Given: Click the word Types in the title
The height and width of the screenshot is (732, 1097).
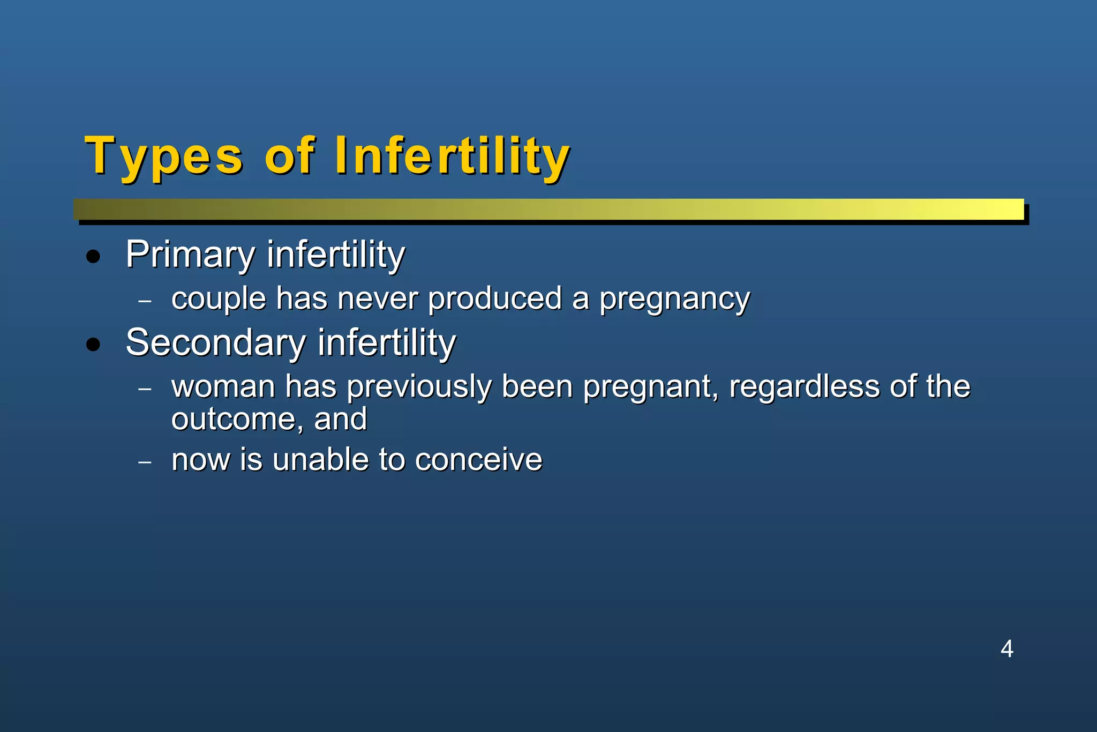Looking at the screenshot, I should click(164, 156).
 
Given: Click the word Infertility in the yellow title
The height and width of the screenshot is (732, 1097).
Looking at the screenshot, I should click(452, 156).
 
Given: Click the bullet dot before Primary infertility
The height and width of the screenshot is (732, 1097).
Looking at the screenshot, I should click(93, 257).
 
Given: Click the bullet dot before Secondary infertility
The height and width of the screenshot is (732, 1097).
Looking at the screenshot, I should click(93, 345).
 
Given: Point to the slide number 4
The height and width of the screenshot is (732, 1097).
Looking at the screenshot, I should click(1006, 649).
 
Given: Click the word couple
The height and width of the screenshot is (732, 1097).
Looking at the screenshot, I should click(219, 299).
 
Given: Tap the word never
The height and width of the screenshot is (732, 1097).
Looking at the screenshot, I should click(378, 299).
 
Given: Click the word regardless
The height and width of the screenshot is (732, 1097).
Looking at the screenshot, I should click(804, 387).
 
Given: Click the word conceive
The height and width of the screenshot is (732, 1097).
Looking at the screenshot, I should click(478, 460).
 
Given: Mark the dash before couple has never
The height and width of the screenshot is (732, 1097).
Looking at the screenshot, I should click(145, 301).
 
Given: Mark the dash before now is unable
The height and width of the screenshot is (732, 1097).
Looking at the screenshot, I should click(145, 462).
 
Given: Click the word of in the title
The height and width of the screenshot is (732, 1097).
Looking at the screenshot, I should click(289, 156).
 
